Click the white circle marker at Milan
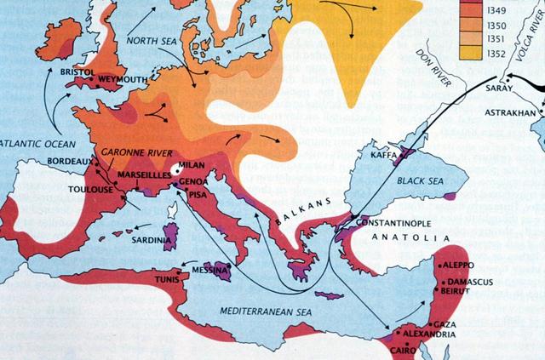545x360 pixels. point(177,169)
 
